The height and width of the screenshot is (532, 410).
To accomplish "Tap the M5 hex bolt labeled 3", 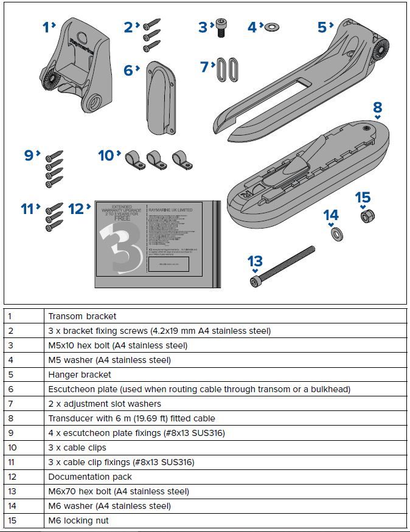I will point(221,28).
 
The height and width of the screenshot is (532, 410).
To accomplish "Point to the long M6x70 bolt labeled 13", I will point(282,265).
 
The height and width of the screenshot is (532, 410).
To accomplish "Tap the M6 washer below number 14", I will point(334,233).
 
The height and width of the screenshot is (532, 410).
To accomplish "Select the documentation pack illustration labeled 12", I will point(156,243).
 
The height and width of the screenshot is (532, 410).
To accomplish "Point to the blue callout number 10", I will point(106,156).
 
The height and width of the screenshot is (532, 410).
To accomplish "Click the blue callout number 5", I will point(322,27).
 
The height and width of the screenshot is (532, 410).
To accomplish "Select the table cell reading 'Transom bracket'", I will point(82,316).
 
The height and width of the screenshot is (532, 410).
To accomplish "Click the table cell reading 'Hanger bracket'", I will point(80,375).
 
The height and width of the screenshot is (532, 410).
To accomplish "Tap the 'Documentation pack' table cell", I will point(90,477).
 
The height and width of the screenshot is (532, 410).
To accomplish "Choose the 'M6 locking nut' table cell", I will point(78,520).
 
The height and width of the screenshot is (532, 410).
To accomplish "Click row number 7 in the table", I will point(10,404).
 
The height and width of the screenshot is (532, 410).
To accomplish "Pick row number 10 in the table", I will point(12,447).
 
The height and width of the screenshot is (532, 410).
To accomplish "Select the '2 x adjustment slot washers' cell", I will point(105,404).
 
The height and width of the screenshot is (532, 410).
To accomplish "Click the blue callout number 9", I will point(29,156).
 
